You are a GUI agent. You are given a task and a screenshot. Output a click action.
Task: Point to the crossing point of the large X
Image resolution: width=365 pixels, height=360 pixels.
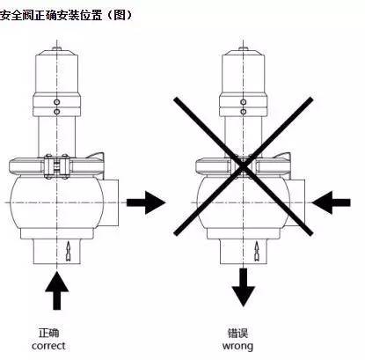pos(240,164)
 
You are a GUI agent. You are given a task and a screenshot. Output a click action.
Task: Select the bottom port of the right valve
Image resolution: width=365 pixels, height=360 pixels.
pos(240,252)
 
